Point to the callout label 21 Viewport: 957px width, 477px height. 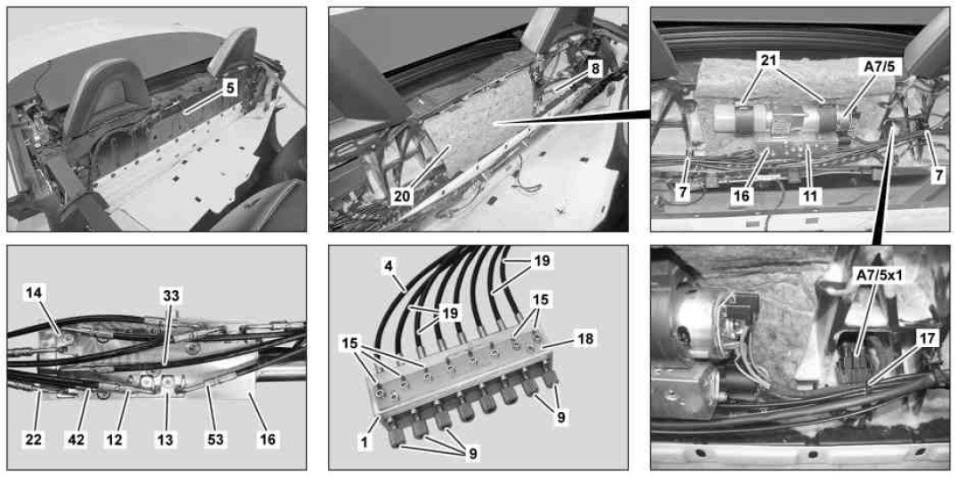[x=771, y=61]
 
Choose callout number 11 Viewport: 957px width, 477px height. [x=813, y=196]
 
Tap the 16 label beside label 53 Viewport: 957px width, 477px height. [x=268, y=439]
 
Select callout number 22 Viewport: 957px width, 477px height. [x=34, y=439]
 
